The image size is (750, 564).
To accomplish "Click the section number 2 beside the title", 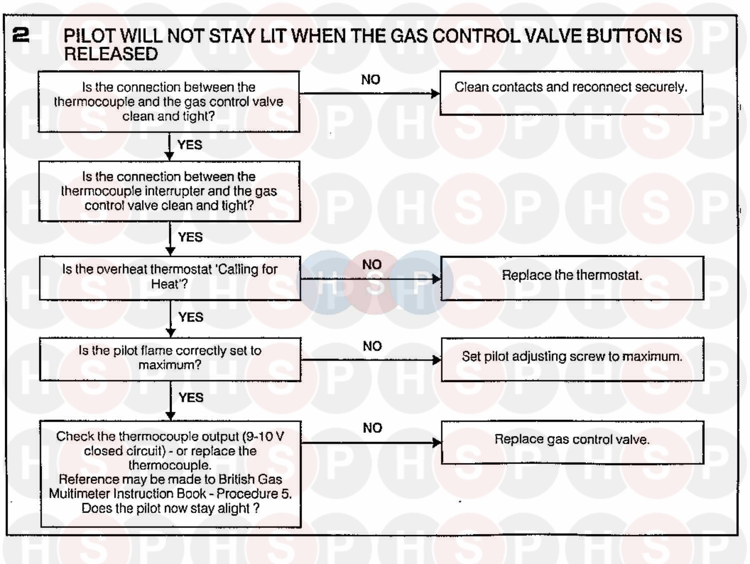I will coord(20,35).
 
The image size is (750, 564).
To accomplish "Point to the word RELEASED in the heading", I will coord(111,54).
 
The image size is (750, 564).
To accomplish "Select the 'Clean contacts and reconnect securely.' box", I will coord(571,93).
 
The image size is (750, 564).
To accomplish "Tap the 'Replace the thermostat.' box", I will coord(572,278).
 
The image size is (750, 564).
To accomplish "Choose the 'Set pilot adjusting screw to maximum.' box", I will coord(572,359).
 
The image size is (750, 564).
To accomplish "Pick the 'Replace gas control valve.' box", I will coord(572,442).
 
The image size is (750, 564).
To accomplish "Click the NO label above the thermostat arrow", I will coord(372,264).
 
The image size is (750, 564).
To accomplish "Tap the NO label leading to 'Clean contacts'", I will coord(370,79).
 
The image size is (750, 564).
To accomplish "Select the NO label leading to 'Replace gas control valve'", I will coord(372,428).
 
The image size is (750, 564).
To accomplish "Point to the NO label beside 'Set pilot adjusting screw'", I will coord(372,346).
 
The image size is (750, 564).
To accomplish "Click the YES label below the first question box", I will coord(190,145).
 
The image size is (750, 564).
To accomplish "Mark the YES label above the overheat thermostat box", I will coord(190,237).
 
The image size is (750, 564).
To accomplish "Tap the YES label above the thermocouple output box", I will coord(191,397).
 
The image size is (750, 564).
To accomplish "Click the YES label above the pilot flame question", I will coord(191,317).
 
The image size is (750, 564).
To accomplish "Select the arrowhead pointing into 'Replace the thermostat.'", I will coord(436,279).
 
